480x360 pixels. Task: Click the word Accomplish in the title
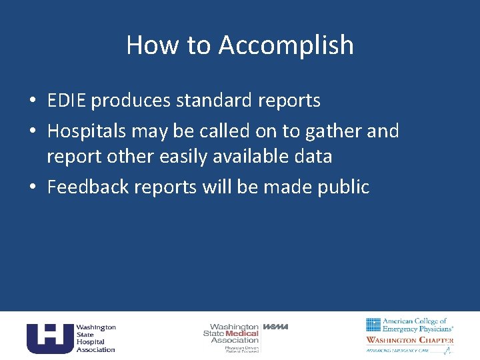click(x=286, y=45)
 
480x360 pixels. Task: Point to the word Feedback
click(x=88, y=187)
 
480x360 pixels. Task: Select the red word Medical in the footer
click(x=242, y=333)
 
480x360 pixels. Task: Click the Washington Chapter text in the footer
click(x=410, y=340)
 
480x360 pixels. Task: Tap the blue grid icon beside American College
click(x=373, y=325)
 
